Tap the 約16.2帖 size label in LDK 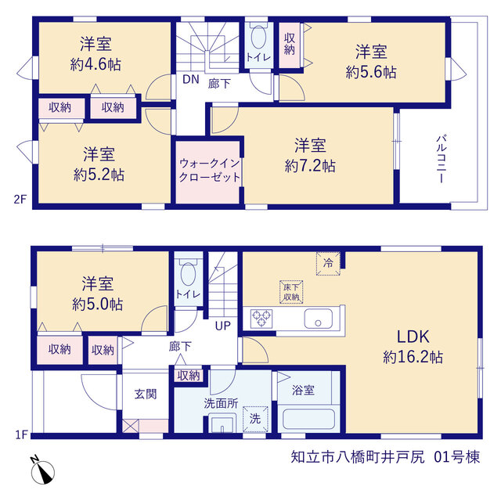click(413, 357)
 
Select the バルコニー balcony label click(441, 159)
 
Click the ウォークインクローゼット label click(209, 171)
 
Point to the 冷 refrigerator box click(328, 263)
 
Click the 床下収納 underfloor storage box click(291, 292)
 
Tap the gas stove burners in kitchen click(261, 319)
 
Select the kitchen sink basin click(319, 319)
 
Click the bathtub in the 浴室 click(308, 419)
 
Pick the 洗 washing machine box click(255, 419)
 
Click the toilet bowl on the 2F click(258, 37)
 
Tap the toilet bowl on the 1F click(188, 274)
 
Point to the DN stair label click(191, 79)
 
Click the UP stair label click(222, 326)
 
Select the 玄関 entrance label click(146, 394)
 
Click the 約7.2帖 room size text click(310, 166)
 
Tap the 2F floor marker click(20, 200)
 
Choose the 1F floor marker click(22, 435)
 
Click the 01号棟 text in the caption click(457, 457)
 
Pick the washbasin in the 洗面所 click(222, 424)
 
